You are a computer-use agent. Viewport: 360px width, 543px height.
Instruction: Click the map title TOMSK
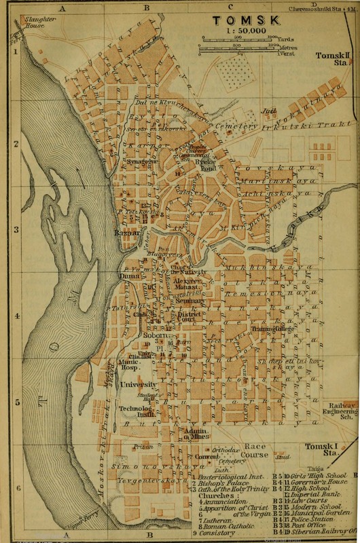[234, 20]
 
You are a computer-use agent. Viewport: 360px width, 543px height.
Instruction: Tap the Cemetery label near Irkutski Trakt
[251, 126]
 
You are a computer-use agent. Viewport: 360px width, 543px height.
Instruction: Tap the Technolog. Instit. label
[134, 413]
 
